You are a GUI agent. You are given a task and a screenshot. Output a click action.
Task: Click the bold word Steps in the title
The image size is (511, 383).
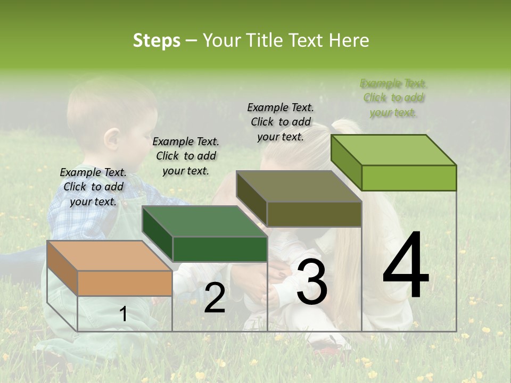pyautogui.click(x=156, y=40)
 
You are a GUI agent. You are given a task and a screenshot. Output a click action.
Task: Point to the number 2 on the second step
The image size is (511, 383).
pyautogui.click(x=215, y=298)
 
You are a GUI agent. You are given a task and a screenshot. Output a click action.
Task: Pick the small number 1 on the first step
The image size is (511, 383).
pyautogui.click(x=123, y=314)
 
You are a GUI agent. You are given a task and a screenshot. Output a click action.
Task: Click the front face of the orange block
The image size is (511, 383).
pyautogui.click(x=125, y=283)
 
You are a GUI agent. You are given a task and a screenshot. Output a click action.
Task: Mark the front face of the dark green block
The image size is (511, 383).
pyautogui.click(x=220, y=249)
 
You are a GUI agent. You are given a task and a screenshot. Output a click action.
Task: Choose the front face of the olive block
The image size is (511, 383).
pyautogui.click(x=314, y=214)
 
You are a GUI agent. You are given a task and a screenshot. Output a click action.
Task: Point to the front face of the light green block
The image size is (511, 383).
pyautogui.click(x=409, y=178)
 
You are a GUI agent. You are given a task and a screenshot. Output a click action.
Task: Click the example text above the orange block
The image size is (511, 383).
pyautogui.click(x=93, y=187)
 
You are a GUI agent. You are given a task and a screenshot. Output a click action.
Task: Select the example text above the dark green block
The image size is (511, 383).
pyautogui.click(x=186, y=156)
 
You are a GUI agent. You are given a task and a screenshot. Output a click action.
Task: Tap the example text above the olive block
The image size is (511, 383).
pyautogui.click(x=281, y=122)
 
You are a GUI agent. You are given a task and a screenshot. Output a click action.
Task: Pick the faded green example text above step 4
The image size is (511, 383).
pyautogui.click(x=393, y=98)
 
